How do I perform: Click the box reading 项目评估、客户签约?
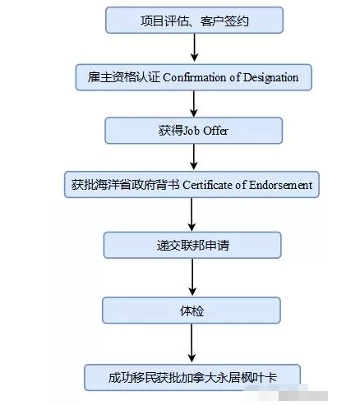[x=194, y=19]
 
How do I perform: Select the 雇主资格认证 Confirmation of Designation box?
[x=194, y=77]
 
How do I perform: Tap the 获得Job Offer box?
[x=194, y=131]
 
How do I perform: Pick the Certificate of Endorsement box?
[x=191, y=185]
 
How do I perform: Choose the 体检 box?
[x=192, y=310]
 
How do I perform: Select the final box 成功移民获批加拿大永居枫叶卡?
[x=192, y=377]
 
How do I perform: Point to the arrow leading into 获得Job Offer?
[x=194, y=104]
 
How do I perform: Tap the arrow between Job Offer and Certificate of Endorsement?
[x=194, y=158]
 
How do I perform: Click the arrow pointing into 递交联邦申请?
[x=192, y=214]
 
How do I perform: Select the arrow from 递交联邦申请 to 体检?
[x=192, y=277]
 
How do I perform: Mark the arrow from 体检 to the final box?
[x=192, y=343]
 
